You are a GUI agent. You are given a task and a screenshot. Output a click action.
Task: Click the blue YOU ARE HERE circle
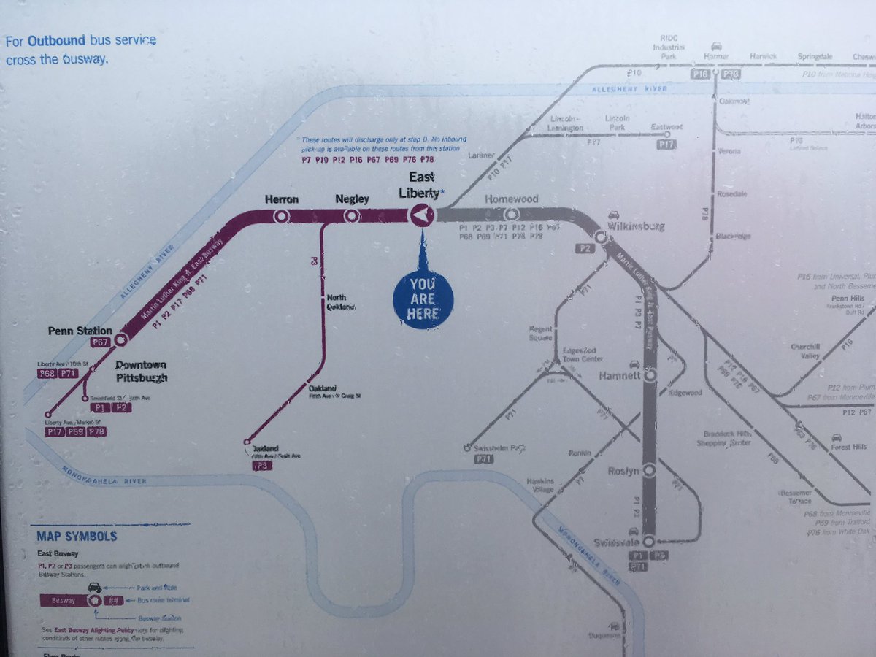pyautogui.click(x=423, y=298)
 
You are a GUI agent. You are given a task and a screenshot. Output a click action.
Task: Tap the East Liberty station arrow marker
pyautogui.click(x=422, y=215)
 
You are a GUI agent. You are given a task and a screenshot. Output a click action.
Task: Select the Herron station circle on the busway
pyautogui.click(x=281, y=216)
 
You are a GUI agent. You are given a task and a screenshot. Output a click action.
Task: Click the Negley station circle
pyautogui.click(x=351, y=216)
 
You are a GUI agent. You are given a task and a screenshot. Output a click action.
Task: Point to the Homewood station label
pyautogui.click(x=512, y=199)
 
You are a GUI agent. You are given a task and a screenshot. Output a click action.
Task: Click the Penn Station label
pyautogui.click(x=80, y=331)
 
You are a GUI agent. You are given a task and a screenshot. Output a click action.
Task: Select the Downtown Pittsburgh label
pyautogui.click(x=141, y=371)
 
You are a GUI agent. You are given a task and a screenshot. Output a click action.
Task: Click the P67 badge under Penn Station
pyautogui.click(x=100, y=342)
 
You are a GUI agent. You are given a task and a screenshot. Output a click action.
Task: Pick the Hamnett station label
pyautogui.click(x=620, y=376)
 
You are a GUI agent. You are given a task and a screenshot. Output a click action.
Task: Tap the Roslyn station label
pyautogui.click(x=624, y=471)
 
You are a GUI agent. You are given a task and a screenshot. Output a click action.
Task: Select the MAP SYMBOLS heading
pyautogui.click(x=77, y=537)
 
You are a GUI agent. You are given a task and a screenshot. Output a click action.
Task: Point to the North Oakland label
pyautogui.click(x=340, y=302)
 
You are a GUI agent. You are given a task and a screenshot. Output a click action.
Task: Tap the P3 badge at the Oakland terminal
pyautogui.click(x=262, y=465)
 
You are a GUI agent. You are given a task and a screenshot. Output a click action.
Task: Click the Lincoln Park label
pyautogui.click(x=617, y=123)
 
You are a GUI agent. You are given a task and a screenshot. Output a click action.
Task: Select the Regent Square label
pyautogui.click(x=541, y=334)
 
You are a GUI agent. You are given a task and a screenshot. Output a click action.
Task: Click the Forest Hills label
pyautogui.click(x=849, y=447)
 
